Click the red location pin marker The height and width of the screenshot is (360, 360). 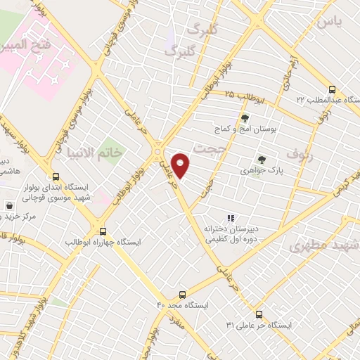coord(181,166)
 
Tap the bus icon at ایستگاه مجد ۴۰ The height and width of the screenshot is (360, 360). coord(183,295)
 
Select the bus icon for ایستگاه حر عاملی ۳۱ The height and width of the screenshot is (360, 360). coord(259,314)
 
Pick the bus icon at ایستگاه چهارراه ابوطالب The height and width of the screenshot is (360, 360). coord(103,231)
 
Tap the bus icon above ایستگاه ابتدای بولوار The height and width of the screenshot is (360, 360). coord(56,177)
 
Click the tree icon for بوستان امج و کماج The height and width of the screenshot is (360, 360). coord(245,118)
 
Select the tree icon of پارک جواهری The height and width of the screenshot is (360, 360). coord(262,160)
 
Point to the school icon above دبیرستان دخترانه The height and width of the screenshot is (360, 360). coord(231,218)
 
